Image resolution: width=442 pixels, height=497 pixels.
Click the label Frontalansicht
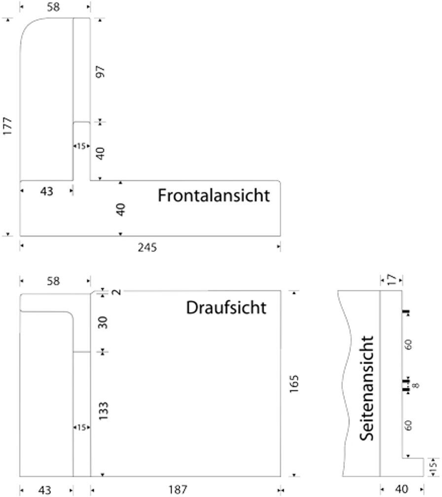coord(214,195)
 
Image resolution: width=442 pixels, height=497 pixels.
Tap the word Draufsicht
coord(226,308)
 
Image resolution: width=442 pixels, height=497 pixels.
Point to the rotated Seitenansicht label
coord(367,389)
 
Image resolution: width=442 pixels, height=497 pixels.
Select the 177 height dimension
coord(7,126)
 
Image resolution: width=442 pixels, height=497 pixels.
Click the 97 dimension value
coord(100,72)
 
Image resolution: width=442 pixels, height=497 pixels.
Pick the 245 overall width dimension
coord(147,248)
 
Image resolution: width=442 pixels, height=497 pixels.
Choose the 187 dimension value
coord(178,490)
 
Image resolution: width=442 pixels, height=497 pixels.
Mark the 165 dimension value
coord(294,384)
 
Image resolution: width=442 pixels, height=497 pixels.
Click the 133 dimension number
coord(104,411)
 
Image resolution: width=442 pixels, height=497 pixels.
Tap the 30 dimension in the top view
coord(103,322)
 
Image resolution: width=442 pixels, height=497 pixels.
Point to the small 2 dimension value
coord(117,292)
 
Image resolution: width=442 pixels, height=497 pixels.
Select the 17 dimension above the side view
coord(392,280)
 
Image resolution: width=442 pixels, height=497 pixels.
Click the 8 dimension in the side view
coord(416,385)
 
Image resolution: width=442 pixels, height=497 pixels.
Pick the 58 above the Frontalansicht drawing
coord(53,7)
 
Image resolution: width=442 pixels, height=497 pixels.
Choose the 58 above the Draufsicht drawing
coord(53,281)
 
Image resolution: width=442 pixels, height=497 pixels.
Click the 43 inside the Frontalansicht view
coord(46,191)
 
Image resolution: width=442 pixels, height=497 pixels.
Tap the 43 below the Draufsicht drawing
coord(44,490)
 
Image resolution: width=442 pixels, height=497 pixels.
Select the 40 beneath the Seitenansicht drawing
coord(402,489)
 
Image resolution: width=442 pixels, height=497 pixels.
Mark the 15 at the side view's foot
coord(433,467)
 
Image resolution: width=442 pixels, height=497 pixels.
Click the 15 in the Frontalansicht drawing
coord(81,146)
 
